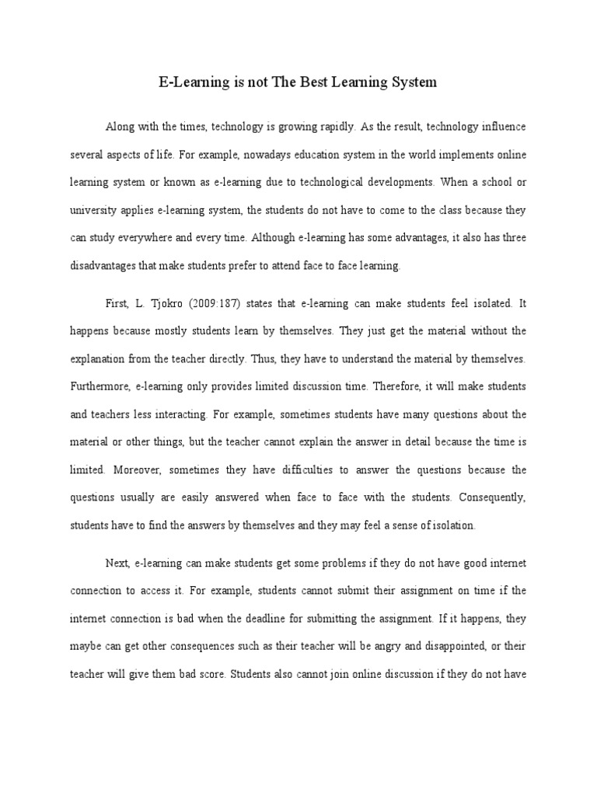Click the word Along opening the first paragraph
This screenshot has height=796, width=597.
coord(120,127)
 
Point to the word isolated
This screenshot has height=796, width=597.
coord(486,302)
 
